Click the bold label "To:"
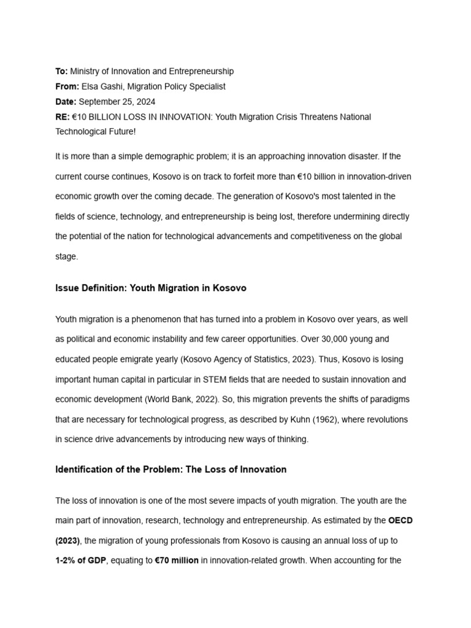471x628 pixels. pyautogui.click(x=61, y=72)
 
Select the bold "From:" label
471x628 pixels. pyautogui.click(x=67, y=86)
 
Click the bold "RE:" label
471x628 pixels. pyautogui.click(x=62, y=117)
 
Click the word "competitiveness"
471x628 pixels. pyautogui.click(x=312, y=236)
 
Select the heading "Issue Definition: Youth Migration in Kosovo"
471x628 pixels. pyautogui.click(x=151, y=288)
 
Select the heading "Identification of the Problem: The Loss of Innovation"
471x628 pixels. pyautogui.click(x=170, y=470)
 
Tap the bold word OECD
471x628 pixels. pyautogui.click(x=400, y=521)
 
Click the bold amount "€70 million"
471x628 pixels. pyautogui.click(x=177, y=561)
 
